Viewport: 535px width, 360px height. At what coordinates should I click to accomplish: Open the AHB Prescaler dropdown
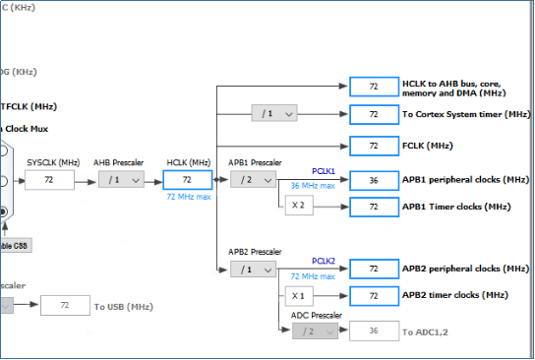pyautogui.click(x=121, y=180)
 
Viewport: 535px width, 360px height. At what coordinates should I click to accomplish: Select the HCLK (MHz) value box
pyautogui.click(x=186, y=180)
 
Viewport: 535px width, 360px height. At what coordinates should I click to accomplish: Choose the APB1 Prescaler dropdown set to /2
pyautogui.click(x=253, y=180)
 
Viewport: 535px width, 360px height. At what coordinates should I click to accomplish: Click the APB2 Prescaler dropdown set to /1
pyautogui.click(x=253, y=269)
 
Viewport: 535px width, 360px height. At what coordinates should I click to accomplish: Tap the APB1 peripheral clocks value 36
pyautogui.click(x=373, y=180)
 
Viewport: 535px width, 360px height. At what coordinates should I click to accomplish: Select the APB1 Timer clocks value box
pyautogui.click(x=373, y=207)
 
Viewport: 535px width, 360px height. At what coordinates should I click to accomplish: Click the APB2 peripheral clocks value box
pyautogui.click(x=373, y=269)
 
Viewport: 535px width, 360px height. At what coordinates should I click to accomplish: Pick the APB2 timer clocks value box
pyautogui.click(x=373, y=295)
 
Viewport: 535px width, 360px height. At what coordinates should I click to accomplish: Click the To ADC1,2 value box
pyautogui.click(x=373, y=331)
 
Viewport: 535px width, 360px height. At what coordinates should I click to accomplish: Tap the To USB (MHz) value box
pyautogui.click(x=66, y=307)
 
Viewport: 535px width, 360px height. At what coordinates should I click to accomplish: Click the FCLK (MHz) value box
pyautogui.click(x=373, y=146)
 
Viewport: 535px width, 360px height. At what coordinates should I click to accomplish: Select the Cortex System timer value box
pyautogui.click(x=373, y=114)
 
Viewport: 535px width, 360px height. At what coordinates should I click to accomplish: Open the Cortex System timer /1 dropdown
pyautogui.click(x=274, y=114)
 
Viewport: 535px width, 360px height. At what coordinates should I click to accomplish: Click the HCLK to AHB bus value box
pyautogui.click(x=373, y=87)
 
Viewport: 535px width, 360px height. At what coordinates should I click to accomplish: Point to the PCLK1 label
pyautogui.click(x=325, y=170)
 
